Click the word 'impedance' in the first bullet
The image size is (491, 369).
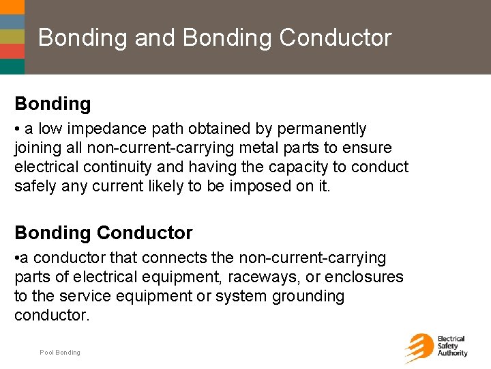(x=102, y=129)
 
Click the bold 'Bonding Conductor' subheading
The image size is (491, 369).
(x=104, y=233)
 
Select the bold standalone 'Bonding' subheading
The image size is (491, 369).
(x=53, y=104)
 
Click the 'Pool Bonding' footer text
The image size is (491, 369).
(x=60, y=353)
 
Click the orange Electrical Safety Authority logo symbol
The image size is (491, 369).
(x=419, y=347)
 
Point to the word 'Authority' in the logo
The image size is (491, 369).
(x=453, y=353)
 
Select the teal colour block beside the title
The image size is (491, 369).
(x=12, y=66)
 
